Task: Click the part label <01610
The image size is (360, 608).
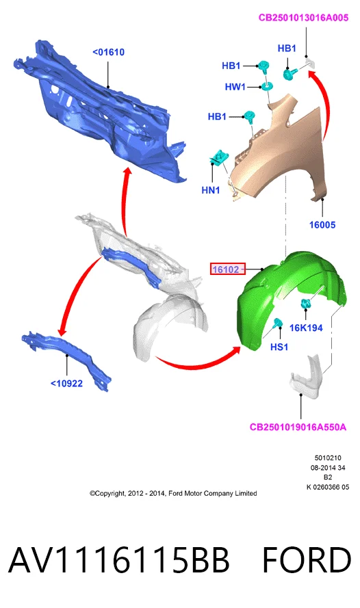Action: coord(109,52)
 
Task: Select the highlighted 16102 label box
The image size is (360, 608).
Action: coord(228,269)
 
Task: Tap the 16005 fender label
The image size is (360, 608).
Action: coord(322,224)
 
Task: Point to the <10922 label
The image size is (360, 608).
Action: coord(66,384)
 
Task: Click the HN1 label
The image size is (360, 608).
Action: coord(211,190)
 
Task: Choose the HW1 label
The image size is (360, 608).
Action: coord(235,87)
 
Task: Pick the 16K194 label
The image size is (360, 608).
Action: coord(306,328)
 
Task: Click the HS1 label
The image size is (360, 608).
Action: coord(279,347)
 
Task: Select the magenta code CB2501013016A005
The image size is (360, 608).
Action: coord(303,18)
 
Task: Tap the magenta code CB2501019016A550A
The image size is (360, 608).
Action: coord(298,427)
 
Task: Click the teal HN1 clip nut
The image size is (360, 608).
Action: coord(219,157)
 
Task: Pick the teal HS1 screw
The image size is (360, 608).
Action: coord(278,323)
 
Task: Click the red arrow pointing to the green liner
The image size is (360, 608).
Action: coord(198,365)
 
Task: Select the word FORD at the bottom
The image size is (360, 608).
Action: coord(307,559)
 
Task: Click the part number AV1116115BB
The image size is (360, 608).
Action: coord(118,559)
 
